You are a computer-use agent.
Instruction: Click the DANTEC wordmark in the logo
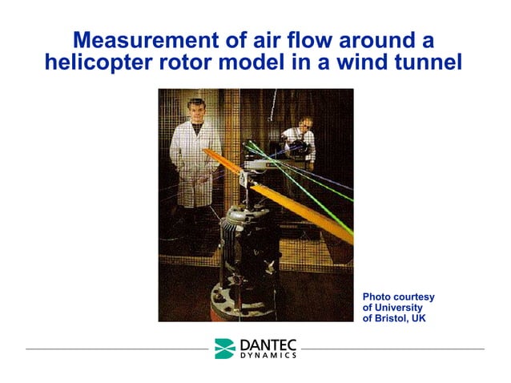coord(268,345)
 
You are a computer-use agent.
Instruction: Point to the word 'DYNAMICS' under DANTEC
coord(268,356)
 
